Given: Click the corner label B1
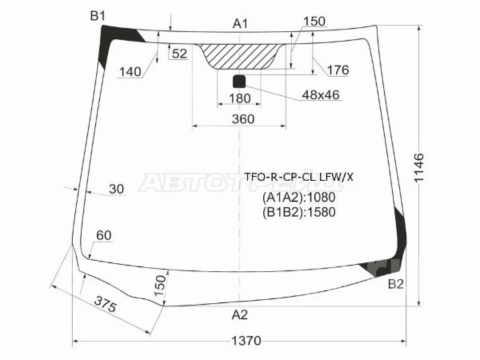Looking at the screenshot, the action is [x=98, y=15].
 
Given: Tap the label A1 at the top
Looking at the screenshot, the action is [x=240, y=23].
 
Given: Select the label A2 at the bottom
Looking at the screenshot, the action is [x=239, y=314].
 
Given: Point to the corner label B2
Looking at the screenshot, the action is [x=395, y=285].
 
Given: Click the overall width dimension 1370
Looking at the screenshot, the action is [x=246, y=341].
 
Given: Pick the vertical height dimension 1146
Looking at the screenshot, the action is [x=418, y=168].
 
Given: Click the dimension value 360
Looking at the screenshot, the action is [x=243, y=119].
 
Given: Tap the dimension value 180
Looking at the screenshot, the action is [x=239, y=98].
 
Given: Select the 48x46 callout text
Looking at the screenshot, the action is [x=321, y=95].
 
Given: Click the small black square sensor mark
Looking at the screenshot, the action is [x=239, y=81].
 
